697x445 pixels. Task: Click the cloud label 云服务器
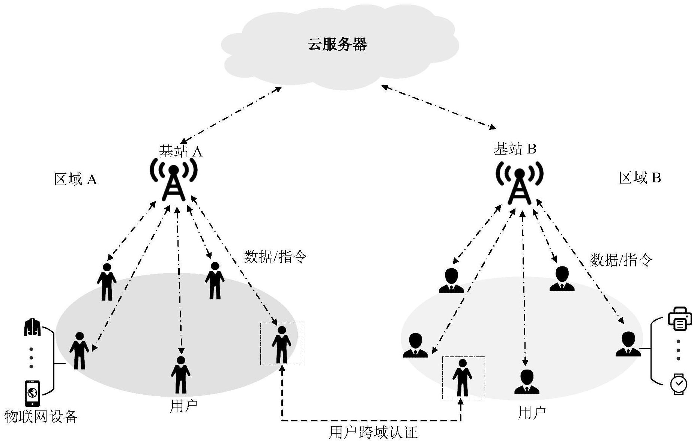(x=337, y=45)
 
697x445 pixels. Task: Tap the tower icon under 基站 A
(x=173, y=180)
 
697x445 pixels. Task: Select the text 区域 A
(x=75, y=179)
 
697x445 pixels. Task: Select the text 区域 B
(x=640, y=177)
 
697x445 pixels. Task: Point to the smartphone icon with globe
(x=32, y=393)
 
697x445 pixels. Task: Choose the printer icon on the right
(x=679, y=319)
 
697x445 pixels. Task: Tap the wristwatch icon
(x=679, y=384)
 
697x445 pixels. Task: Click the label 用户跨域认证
(x=373, y=432)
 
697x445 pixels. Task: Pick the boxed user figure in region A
(x=282, y=344)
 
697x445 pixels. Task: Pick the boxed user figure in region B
(x=463, y=378)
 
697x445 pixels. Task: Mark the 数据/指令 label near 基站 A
(x=275, y=257)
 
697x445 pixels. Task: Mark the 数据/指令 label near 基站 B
(x=621, y=260)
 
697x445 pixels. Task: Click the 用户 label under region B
(x=532, y=413)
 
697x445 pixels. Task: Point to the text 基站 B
(x=515, y=149)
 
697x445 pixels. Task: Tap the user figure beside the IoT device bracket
(x=79, y=350)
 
